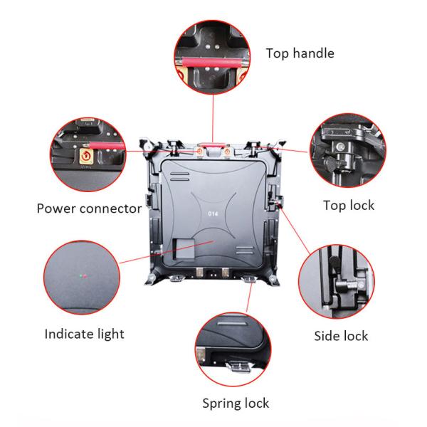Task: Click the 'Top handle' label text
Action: pos(300,53)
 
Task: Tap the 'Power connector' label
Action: pos(90,209)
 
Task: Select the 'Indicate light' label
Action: pos(85,334)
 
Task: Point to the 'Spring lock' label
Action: pos(236,404)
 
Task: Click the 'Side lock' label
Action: pos(341,336)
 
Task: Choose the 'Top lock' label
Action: pos(349,206)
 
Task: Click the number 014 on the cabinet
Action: pos(213,213)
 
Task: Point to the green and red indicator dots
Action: pos(83,276)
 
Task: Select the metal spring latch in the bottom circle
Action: pos(238,366)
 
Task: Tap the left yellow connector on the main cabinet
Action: pos(199,152)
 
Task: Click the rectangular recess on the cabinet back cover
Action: pos(184,249)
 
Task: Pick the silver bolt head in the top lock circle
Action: pos(339,147)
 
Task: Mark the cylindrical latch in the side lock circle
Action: pos(348,285)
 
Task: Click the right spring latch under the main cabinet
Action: pos(249,278)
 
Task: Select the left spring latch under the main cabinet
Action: pos(177,278)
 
